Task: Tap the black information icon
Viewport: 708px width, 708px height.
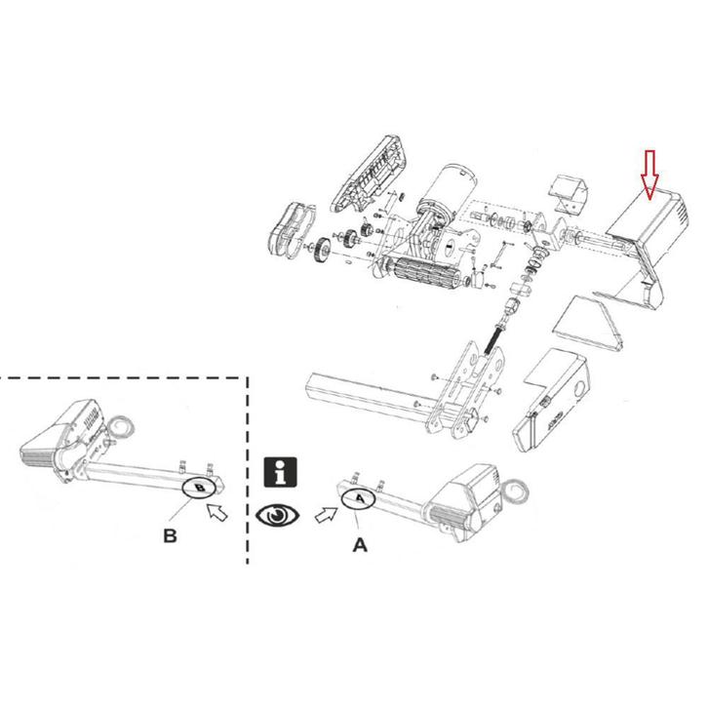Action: click(x=281, y=472)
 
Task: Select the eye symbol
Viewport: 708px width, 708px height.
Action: click(x=279, y=514)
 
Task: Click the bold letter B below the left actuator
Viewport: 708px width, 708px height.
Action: click(x=170, y=536)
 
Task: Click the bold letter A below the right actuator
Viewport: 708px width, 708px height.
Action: click(x=359, y=546)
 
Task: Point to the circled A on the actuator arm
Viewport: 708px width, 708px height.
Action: click(x=359, y=497)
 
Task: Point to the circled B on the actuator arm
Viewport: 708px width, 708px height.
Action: click(x=199, y=486)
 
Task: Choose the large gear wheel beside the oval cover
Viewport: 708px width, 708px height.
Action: click(x=322, y=253)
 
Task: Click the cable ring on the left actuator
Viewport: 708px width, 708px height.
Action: click(x=122, y=426)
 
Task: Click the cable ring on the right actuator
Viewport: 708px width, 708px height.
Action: click(x=519, y=487)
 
